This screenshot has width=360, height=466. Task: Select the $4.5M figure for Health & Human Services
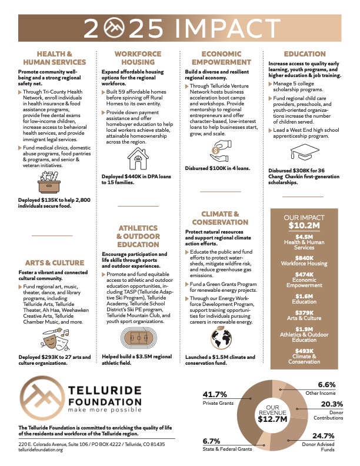[x=296, y=237]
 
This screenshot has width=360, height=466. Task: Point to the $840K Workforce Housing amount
[x=296, y=258]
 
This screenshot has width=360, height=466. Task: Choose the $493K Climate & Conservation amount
[x=296, y=351]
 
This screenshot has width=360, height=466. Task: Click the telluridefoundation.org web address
[x=41, y=450]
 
